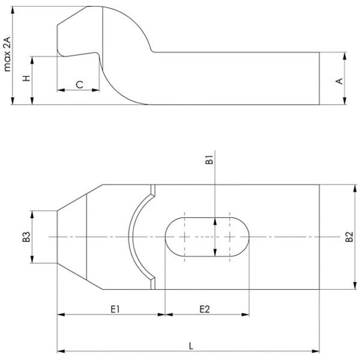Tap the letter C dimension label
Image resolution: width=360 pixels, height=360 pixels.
click(x=79, y=85)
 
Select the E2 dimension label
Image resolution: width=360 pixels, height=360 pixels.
click(x=204, y=309)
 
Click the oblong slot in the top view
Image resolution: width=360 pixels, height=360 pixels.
click(x=207, y=237)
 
